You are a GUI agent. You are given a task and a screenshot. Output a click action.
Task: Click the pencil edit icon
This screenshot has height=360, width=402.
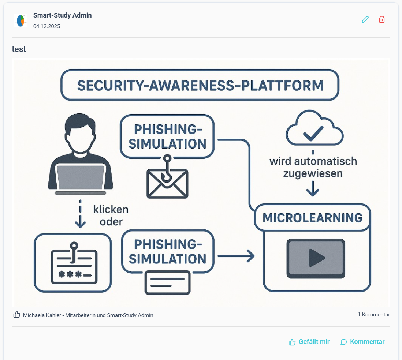click(365, 19)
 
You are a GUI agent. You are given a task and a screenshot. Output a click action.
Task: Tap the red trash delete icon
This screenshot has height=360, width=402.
click(382, 19)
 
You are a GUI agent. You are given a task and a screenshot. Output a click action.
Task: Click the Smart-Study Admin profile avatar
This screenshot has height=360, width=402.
click(21, 21)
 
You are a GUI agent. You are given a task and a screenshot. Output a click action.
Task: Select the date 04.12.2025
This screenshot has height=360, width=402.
click(46, 26)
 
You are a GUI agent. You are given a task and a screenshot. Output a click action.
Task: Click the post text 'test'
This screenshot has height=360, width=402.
click(19, 49)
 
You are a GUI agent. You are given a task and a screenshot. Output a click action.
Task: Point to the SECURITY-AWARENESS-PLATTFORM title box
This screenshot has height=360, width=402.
click(200, 85)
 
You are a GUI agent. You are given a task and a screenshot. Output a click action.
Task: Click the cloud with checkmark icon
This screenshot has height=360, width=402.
click(314, 128)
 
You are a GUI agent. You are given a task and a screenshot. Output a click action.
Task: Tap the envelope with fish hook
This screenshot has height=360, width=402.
click(167, 177)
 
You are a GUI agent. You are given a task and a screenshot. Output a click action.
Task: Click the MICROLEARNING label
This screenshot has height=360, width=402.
click(313, 218)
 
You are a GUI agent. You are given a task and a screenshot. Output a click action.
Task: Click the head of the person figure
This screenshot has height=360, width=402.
click(80, 133)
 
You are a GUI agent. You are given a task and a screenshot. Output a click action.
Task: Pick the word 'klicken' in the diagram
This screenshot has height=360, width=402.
click(111, 209)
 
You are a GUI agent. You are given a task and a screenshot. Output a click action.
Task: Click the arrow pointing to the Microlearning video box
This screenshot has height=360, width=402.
click(236, 256)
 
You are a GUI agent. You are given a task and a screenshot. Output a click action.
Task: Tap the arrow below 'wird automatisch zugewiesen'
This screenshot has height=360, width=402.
click(313, 188)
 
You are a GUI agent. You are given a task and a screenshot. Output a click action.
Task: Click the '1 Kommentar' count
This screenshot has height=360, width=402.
click(374, 315)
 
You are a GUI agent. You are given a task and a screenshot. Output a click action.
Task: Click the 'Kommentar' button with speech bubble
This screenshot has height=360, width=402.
click(362, 342)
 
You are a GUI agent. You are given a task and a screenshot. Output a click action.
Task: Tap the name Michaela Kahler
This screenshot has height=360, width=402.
click(42, 315)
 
